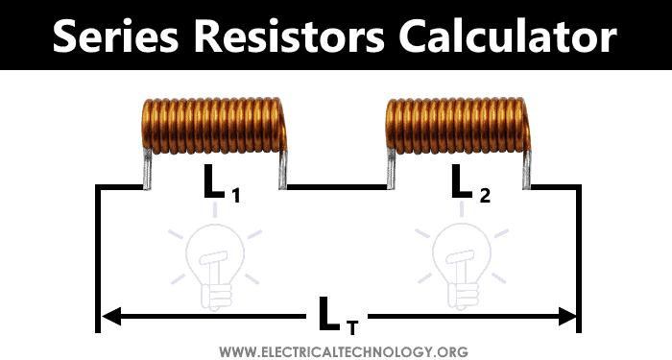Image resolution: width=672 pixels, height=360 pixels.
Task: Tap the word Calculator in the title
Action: (519, 36)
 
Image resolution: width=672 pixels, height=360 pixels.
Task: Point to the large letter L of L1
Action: (214, 182)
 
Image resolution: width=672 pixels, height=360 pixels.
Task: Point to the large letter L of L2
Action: (461, 182)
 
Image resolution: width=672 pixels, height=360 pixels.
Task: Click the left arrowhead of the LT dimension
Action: (108, 314)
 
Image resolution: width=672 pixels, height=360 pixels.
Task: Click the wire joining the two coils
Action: (336, 186)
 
